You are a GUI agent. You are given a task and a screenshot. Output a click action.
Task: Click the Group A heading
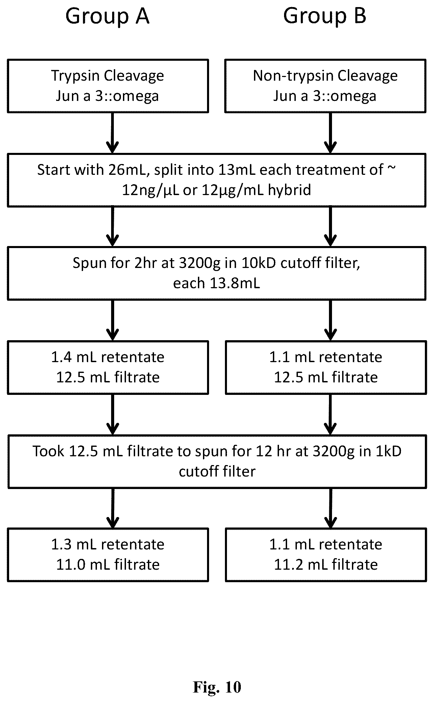[x=107, y=16]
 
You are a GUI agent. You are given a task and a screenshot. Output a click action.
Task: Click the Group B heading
[x=325, y=16]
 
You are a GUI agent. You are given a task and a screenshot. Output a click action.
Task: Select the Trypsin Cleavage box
[x=108, y=86]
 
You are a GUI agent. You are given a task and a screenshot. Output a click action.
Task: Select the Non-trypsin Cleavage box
[x=325, y=86]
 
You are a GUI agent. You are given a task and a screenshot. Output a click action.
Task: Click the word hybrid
[x=289, y=190]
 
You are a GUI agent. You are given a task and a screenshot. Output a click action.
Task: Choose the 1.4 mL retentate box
[x=108, y=367]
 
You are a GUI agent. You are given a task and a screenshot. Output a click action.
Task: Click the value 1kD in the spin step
[x=388, y=451]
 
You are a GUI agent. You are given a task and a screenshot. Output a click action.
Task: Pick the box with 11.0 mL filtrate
[x=108, y=555]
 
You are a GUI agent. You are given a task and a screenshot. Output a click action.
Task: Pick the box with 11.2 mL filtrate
[x=326, y=555]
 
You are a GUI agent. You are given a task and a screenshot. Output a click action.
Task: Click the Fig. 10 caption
[x=217, y=686]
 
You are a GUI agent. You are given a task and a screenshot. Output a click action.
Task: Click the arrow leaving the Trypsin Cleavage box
[x=112, y=133]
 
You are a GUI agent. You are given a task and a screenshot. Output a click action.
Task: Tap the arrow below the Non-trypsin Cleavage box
[x=330, y=133]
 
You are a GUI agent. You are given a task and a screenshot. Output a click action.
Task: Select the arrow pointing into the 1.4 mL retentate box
[x=112, y=320]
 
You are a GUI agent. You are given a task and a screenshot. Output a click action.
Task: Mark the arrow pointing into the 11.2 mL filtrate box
[x=330, y=508]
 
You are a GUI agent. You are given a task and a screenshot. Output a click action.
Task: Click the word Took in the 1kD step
[x=49, y=451]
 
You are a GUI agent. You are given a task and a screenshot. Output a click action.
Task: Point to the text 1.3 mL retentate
[x=108, y=544]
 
